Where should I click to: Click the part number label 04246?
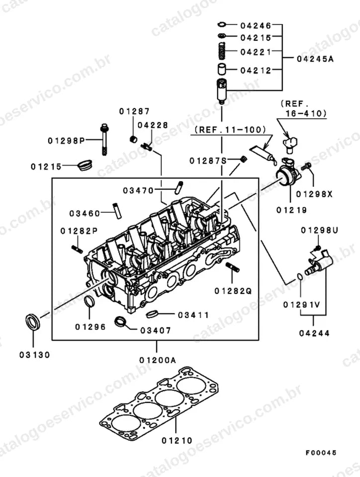(256, 25)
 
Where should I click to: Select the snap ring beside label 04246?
(222, 24)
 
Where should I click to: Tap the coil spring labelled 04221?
(222, 51)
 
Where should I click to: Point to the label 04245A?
(315, 59)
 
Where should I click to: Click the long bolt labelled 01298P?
(104, 140)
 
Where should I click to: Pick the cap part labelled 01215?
(85, 165)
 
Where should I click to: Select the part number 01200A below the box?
(158, 360)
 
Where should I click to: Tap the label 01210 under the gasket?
(177, 440)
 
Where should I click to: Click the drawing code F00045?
(321, 453)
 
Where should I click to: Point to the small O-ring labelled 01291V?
(300, 277)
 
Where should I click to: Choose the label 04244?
(314, 333)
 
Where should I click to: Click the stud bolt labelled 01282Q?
(233, 267)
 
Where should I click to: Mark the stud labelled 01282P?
(77, 249)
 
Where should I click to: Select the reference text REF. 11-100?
(230, 130)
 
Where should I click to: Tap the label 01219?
(291, 210)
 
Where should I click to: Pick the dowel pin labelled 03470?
(179, 187)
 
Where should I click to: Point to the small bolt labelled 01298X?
(306, 167)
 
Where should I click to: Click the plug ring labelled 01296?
(89, 302)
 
